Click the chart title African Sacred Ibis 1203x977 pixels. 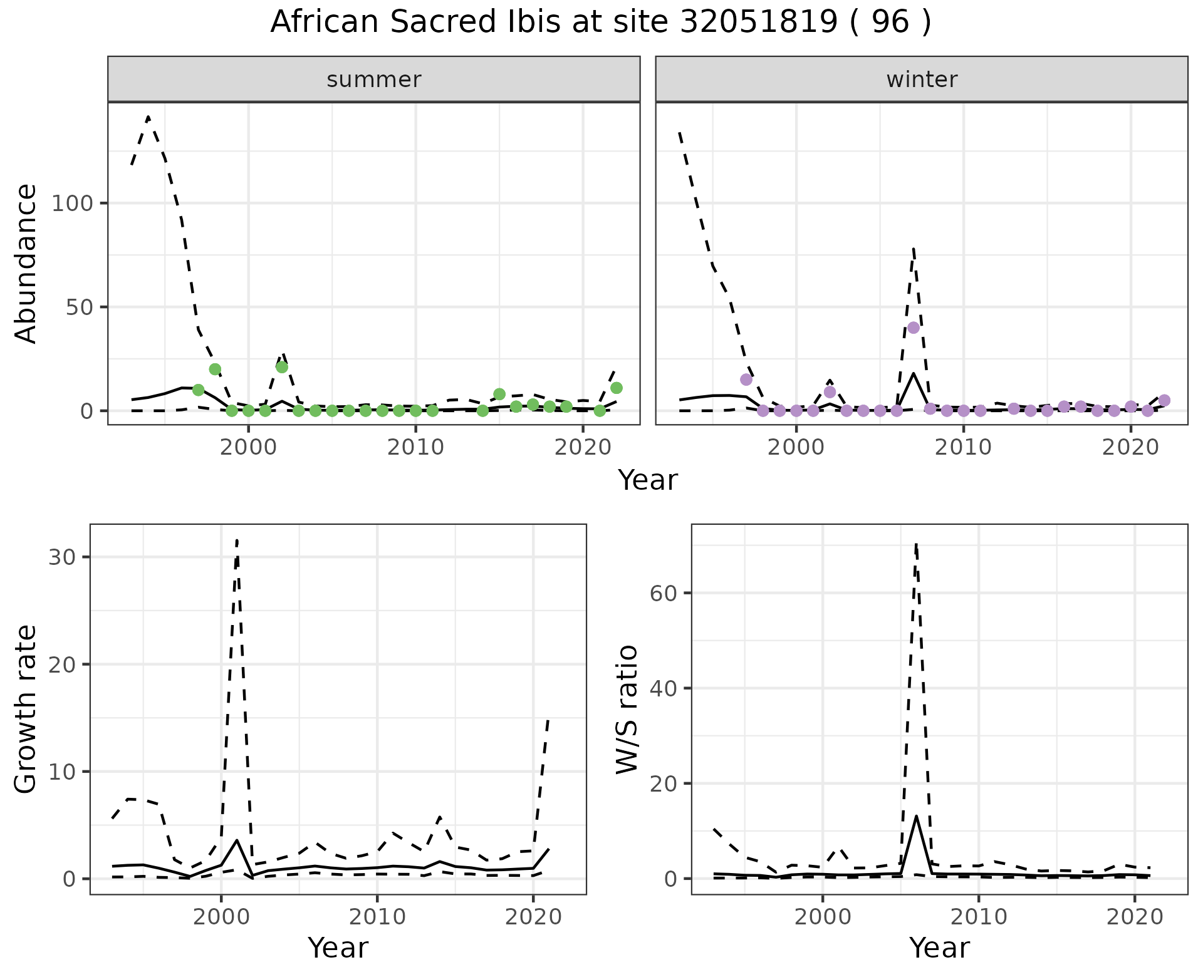click(600, 23)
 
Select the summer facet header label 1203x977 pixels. click(373, 80)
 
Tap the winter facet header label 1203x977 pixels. click(921, 80)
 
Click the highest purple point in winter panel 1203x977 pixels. click(913, 328)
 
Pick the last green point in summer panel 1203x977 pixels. click(616, 388)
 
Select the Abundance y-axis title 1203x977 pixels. click(26, 263)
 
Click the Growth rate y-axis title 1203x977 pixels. click(26, 709)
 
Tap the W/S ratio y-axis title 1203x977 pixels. click(627, 709)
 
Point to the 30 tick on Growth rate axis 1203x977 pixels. click(61, 557)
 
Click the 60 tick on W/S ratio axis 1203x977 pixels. click(663, 593)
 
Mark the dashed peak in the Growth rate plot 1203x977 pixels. click(237, 540)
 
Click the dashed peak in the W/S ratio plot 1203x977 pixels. click(915, 544)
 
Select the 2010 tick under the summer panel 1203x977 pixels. click(415, 447)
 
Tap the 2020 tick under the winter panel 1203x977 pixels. click(1130, 447)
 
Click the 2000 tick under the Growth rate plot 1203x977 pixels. click(221, 917)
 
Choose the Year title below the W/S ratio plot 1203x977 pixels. click(939, 948)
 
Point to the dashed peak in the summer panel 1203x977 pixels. click(148, 116)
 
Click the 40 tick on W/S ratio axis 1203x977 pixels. click(663, 688)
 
